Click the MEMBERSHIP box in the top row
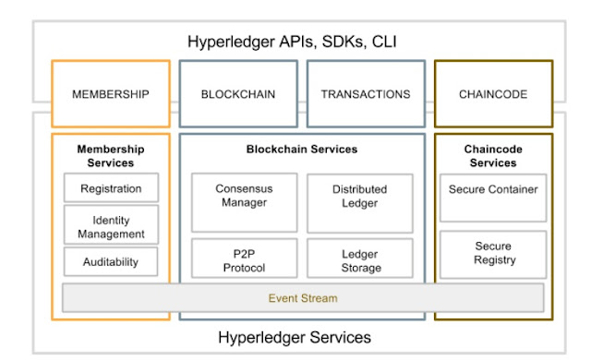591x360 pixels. coord(111,94)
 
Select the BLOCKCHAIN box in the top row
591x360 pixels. coord(238,94)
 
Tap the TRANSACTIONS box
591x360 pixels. coord(366,94)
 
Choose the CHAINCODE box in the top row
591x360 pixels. coord(493,94)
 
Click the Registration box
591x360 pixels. coord(111,188)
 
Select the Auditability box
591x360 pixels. coord(111,261)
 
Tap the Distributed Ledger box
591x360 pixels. coord(359,197)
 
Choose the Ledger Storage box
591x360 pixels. coord(359,260)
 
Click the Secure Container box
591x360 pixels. coord(493,190)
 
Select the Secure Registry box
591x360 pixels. coord(493,254)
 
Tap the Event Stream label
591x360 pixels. coord(302,298)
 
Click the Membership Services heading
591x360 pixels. coord(111,155)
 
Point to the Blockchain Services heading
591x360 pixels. coord(302,149)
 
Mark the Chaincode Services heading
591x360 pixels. coord(493,155)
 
